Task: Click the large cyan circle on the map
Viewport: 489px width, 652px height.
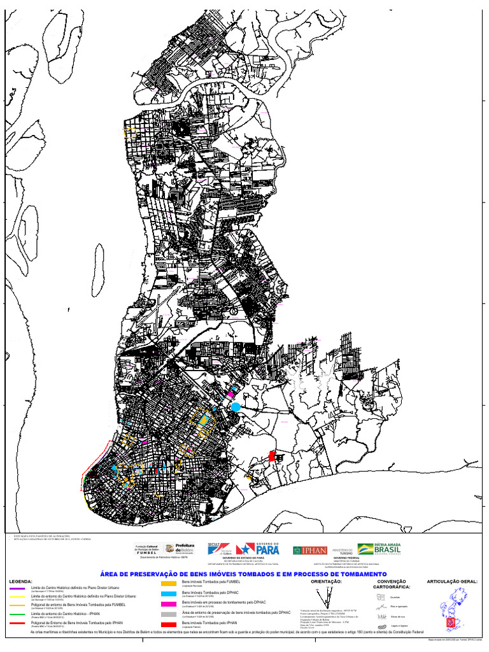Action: click(x=236, y=407)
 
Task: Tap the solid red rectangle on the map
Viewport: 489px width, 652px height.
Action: click(x=272, y=456)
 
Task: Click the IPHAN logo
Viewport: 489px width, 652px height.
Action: click(x=310, y=550)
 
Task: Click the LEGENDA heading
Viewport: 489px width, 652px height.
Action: click(x=20, y=581)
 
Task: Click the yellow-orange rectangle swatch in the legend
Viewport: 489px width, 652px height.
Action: click(x=168, y=583)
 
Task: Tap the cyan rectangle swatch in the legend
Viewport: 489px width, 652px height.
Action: click(x=168, y=593)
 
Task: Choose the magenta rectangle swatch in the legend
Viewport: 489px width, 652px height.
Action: click(x=168, y=604)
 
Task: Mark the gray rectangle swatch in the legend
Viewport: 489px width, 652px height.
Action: click(x=168, y=613)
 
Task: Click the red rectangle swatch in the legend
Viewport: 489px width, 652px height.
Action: click(x=168, y=623)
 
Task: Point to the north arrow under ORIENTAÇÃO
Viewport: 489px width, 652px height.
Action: click(x=327, y=599)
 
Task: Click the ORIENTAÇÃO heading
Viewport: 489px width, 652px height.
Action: click(x=326, y=581)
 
